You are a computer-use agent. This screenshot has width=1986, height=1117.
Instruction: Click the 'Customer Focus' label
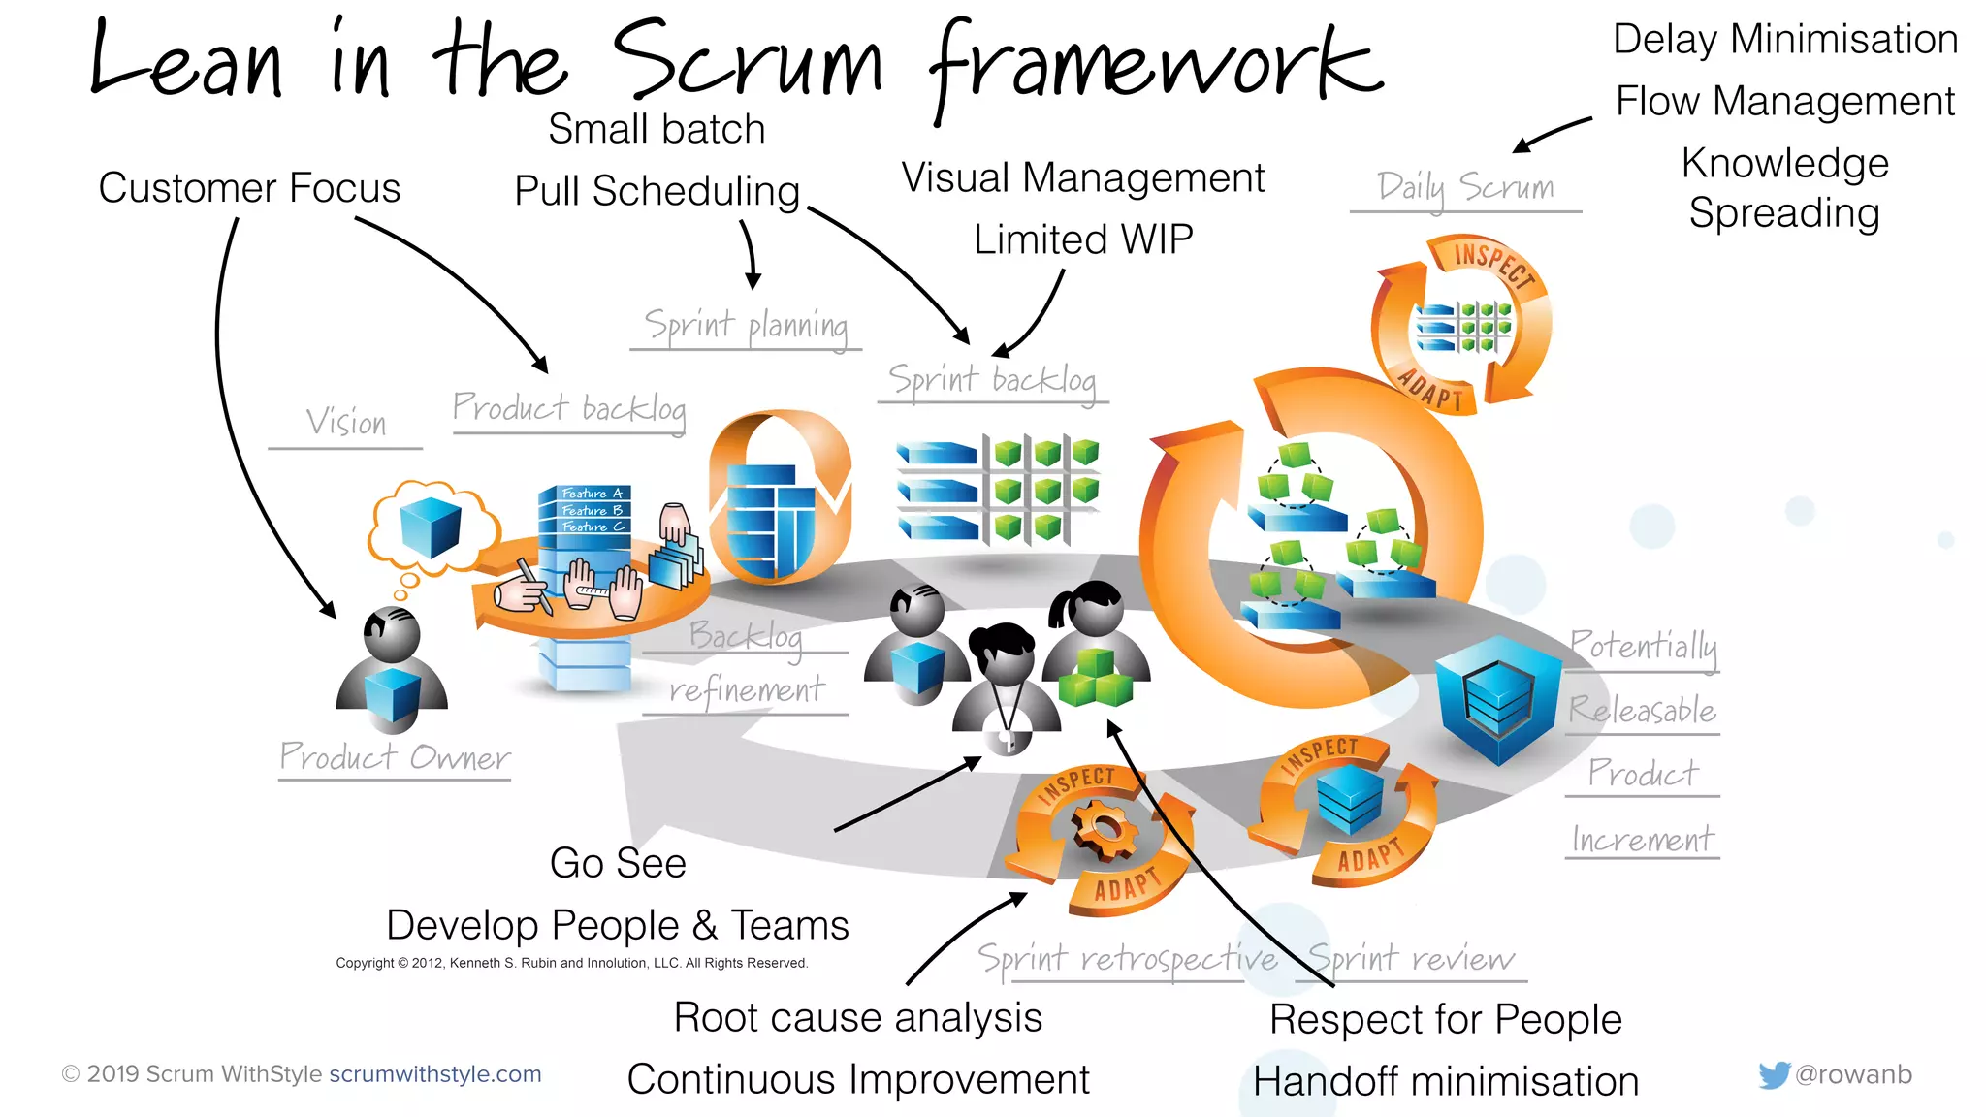pos(249,188)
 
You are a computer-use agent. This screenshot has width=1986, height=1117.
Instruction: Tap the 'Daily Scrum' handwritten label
pos(1465,186)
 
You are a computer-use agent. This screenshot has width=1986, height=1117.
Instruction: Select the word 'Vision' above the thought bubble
pos(346,423)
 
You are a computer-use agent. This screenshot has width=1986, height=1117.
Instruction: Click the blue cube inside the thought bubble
pos(430,527)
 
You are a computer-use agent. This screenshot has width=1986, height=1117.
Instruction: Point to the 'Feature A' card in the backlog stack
pos(590,494)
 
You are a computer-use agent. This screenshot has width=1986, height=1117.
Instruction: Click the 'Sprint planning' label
pos(746,326)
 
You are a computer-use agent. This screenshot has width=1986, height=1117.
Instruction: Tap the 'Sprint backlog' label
pos(992,380)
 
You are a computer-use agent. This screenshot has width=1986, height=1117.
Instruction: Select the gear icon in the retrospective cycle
pos(1103,830)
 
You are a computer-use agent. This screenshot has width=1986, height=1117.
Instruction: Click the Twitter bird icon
pos(1774,1074)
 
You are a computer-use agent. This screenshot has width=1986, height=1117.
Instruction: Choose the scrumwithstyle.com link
pos(435,1074)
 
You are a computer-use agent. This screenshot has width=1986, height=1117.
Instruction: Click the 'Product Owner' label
pos(395,757)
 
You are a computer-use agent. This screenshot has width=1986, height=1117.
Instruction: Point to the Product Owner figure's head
pos(392,634)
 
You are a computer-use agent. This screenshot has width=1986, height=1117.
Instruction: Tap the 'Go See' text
pos(618,863)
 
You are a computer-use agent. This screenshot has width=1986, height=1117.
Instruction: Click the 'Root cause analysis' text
pos(858,1018)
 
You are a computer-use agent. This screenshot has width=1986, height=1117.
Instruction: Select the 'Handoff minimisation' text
pos(1446,1081)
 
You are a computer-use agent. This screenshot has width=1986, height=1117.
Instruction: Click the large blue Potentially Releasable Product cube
pos(1497,698)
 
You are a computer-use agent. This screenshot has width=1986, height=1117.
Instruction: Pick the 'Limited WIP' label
pos(1083,239)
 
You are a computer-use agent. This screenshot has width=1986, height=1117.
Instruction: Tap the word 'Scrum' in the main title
pos(747,63)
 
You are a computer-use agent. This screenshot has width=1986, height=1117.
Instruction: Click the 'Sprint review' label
pos(1411,959)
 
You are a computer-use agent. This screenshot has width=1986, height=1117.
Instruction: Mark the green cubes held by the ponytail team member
pos(1096,678)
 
